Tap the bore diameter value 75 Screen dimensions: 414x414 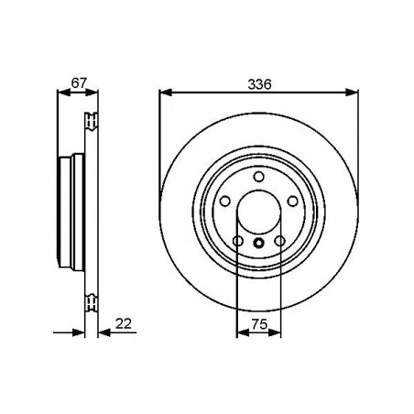coord(258,323)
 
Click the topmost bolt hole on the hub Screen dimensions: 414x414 coord(258,175)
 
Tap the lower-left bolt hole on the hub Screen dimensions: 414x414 coord(238,241)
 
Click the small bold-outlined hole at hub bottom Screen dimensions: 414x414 coord(258,244)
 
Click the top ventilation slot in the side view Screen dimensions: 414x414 coord(90,119)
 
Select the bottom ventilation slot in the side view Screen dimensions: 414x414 coord(90,302)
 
